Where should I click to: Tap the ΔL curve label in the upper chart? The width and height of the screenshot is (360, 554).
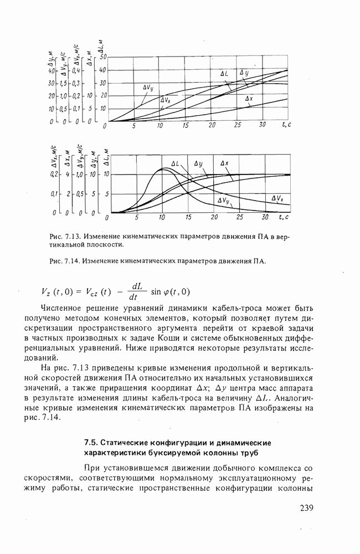click(224, 73)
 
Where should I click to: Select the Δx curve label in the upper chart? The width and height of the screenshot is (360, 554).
click(249, 99)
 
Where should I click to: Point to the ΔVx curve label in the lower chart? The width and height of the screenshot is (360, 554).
click(277, 198)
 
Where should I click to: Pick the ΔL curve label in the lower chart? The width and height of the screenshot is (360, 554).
click(176, 164)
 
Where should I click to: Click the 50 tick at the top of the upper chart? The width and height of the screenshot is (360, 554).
click(103, 57)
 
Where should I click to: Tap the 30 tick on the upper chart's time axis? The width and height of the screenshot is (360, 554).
click(263, 126)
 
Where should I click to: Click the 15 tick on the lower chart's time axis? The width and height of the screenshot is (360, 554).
click(188, 217)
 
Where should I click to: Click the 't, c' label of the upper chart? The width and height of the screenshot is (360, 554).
click(286, 126)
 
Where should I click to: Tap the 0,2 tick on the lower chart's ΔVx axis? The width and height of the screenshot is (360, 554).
click(54, 174)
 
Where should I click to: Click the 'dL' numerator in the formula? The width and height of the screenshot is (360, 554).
click(136, 286)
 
